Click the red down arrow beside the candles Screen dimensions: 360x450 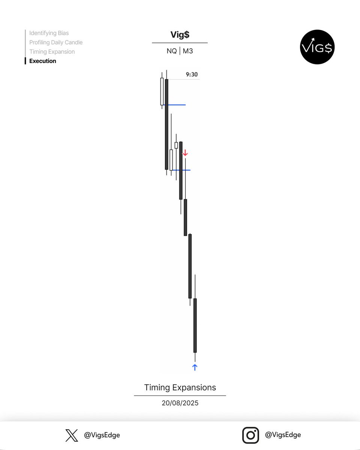(185, 153)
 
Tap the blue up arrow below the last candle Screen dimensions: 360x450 (195, 367)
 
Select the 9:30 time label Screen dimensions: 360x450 (192, 75)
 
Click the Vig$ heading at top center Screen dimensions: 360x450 (180, 35)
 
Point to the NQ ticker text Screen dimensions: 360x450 (172, 51)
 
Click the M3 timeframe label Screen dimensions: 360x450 (188, 51)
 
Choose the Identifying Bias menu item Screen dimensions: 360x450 (49, 33)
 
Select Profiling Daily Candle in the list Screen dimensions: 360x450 (56, 42)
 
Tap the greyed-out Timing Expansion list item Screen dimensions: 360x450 (52, 52)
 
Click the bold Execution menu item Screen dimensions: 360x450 (43, 61)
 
